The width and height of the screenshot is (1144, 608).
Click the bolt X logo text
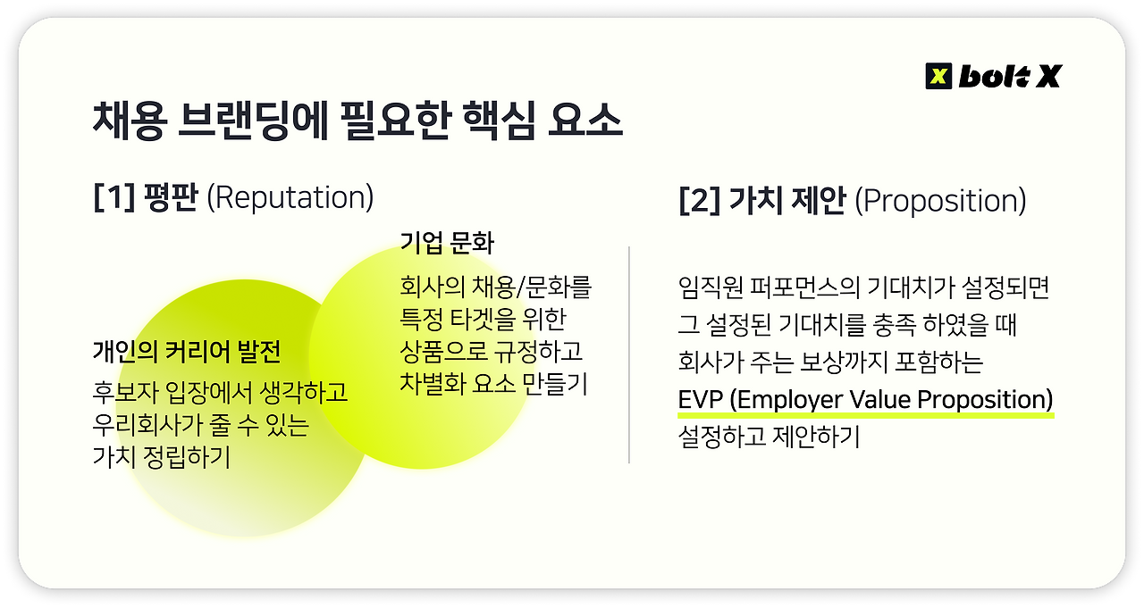[1009, 77]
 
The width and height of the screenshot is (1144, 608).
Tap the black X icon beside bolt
[938, 77]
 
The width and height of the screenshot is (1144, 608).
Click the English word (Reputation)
[290, 197]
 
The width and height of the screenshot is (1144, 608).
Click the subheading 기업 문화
[447, 243]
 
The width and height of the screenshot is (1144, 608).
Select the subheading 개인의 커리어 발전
[186, 352]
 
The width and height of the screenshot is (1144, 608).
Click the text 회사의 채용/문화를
[495, 288]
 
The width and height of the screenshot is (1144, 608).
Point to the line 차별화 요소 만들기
[492, 385]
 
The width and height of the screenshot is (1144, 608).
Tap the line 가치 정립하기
[161, 458]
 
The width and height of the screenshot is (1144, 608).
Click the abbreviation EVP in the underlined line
[701, 398]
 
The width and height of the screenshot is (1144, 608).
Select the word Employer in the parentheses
[791, 398]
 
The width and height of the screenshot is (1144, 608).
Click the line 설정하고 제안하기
[768, 438]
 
